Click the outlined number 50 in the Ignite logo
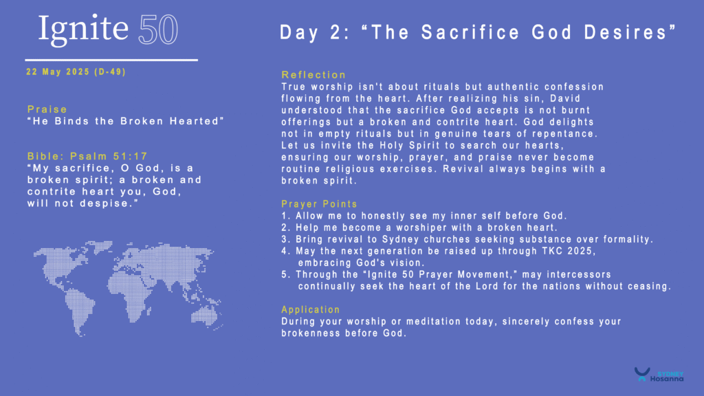click(158, 30)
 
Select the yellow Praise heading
click(47, 109)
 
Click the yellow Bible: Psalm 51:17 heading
click(87, 156)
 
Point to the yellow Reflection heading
click(313, 75)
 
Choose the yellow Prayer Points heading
click(319, 204)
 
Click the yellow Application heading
click(311, 310)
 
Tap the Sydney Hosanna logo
click(659, 375)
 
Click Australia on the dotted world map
click(205, 315)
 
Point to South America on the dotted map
click(79, 311)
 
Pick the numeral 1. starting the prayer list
click(285, 216)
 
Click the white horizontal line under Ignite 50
click(111, 60)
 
